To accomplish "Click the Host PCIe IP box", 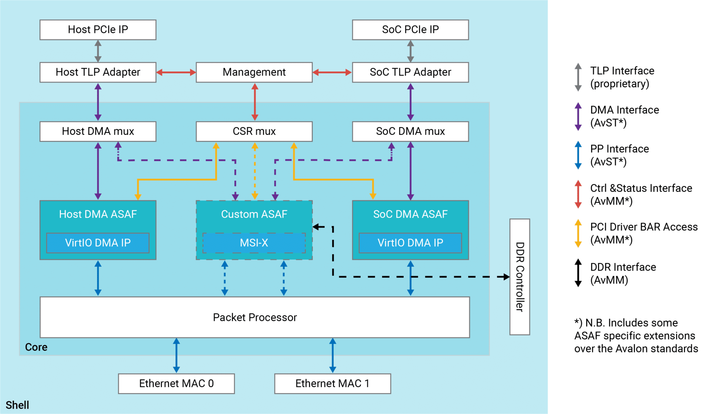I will [98, 30].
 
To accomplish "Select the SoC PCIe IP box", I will [410, 30].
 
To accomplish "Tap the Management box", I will [254, 72].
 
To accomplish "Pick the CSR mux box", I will [254, 131].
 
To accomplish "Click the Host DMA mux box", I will [98, 131].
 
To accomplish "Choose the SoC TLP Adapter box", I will [410, 72].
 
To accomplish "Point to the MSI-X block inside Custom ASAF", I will [254, 243].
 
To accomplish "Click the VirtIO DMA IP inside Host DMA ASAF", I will [98, 243].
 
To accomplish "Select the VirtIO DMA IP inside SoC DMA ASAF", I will [410, 243].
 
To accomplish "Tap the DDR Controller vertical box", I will [520, 277].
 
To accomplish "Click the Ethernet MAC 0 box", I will [176, 383].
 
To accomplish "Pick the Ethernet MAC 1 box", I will [332, 383].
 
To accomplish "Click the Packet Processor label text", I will [255, 317].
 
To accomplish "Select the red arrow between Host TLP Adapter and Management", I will [176, 72].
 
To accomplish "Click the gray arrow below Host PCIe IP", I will [98, 51].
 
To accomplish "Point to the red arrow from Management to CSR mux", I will [255, 102].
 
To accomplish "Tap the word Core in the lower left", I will [36, 347].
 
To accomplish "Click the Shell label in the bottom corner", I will [17, 405].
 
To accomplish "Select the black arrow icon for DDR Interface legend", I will [578, 273].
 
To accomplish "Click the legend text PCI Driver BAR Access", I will [644, 227].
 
